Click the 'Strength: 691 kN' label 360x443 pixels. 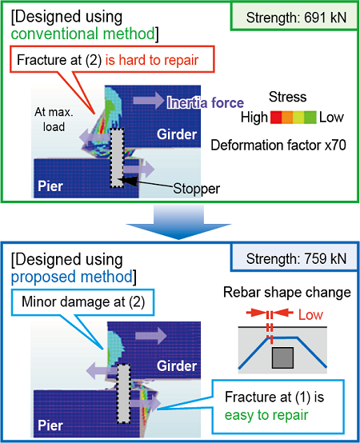click(x=296, y=18)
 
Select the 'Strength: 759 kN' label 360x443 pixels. click(x=296, y=258)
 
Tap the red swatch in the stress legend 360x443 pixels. click(x=276, y=118)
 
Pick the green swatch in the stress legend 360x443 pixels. click(x=310, y=118)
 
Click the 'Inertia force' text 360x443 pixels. click(x=206, y=102)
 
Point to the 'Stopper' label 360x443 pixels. click(x=196, y=189)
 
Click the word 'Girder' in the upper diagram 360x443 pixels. click(x=177, y=134)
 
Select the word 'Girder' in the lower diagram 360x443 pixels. click(x=177, y=366)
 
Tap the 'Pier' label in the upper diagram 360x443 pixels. click(x=50, y=186)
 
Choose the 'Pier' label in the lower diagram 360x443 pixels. click(x=50, y=425)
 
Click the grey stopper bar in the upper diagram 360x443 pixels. click(x=117, y=158)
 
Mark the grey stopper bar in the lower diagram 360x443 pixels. click(x=124, y=393)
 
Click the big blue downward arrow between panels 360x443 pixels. click(x=178, y=222)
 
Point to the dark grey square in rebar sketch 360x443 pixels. click(x=282, y=357)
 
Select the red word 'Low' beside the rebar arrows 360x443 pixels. click(x=311, y=315)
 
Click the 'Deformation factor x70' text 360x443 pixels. click(x=278, y=146)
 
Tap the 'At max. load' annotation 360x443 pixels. click(x=54, y=119)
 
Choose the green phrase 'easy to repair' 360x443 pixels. click(x=266, y=415)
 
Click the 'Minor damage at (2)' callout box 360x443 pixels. click(x=82, y=302)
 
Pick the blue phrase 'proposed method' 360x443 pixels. click(x=72, y=277)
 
